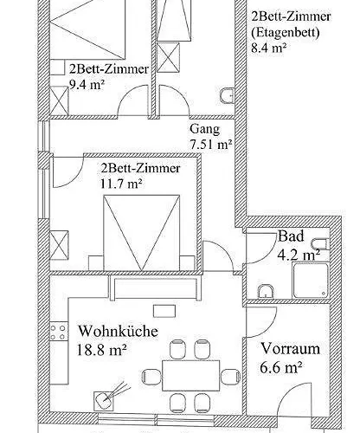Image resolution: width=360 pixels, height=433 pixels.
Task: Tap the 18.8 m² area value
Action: tap(102, 350)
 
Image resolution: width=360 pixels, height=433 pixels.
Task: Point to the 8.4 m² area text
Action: tap(268, 48)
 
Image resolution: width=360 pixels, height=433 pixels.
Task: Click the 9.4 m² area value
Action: tap(87, 85)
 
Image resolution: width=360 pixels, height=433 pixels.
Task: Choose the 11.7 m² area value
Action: tap(121, 183)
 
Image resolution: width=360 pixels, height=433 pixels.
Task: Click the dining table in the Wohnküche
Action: tap(185, 376)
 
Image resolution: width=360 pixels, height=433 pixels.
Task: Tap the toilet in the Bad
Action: tap(266, 289)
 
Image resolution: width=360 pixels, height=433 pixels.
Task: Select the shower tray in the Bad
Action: tap(308, 281)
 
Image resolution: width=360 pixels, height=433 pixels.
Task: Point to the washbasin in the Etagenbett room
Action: tap(227, 95)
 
